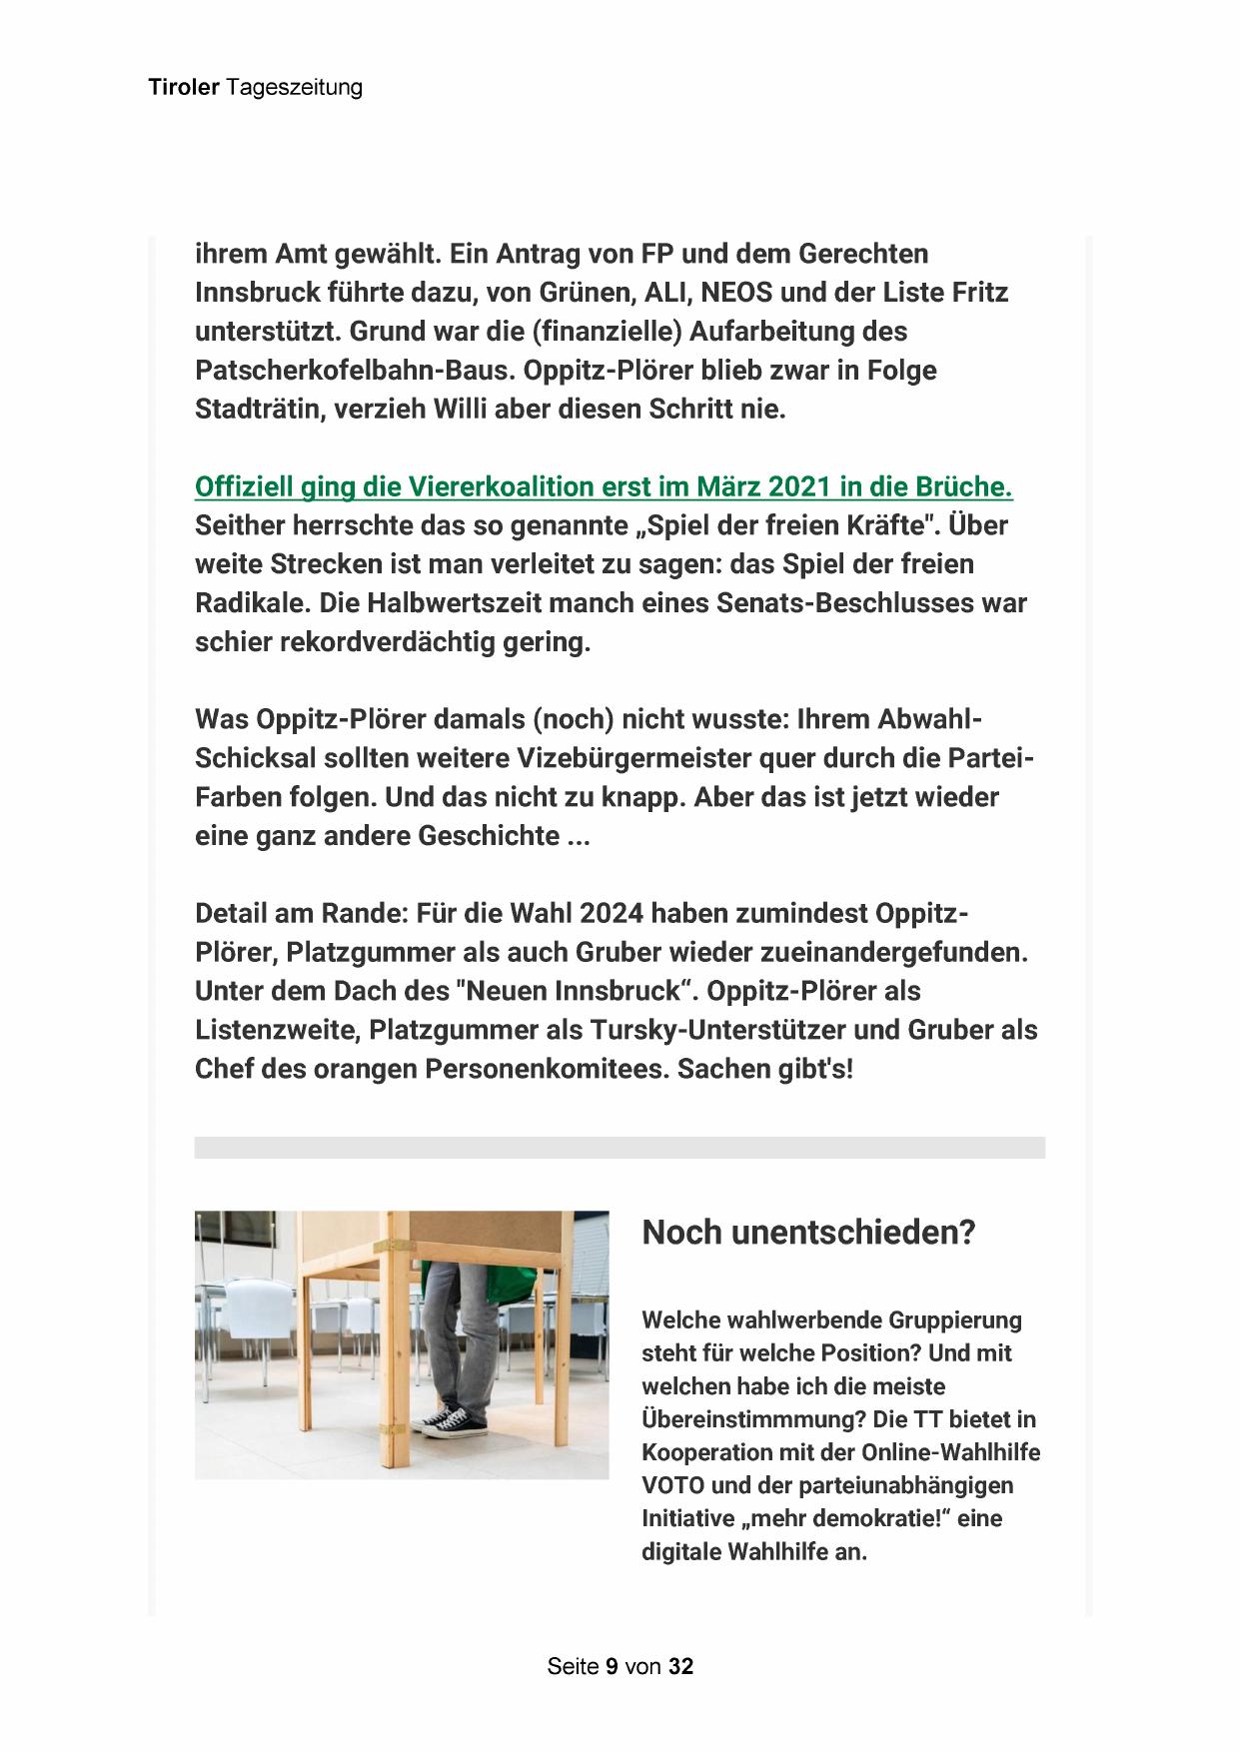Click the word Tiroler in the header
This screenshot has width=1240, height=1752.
[x=184, y=88]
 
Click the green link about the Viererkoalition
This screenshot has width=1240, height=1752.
[x=604, y=487]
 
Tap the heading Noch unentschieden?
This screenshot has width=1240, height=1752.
[x=807, y=1233]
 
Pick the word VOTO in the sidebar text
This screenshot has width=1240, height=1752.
[x=674, y=1485]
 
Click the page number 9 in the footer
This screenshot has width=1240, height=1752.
[x=611, y=1667]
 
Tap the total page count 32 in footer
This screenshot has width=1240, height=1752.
[x=681, y=1667]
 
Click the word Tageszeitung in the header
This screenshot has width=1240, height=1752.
[x=294, y=88]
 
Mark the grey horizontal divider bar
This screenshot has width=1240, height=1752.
[x=620, y=1148]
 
